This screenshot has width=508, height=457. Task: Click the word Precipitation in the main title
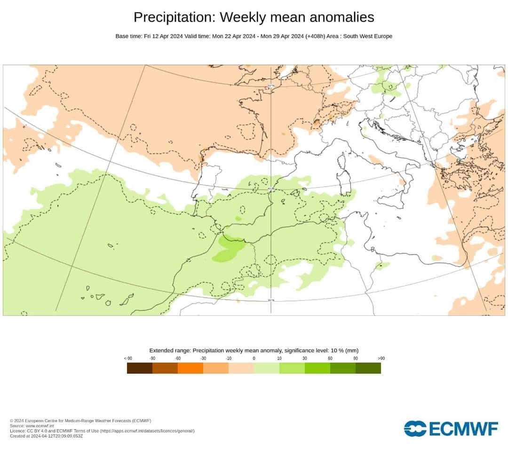pos(175,17)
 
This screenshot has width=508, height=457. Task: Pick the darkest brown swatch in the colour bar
pos(140,368)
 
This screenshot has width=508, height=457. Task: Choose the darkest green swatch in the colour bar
pos(368,368)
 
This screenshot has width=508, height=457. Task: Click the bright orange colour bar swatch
pos(190,368)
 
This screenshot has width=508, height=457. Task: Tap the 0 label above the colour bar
pos(254,358)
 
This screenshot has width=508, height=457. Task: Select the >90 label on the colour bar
pos(381,358)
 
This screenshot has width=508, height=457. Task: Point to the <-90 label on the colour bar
pos(127,358)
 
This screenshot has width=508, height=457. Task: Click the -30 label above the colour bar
pos(203,358)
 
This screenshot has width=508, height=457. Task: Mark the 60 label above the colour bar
pos(330,358)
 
